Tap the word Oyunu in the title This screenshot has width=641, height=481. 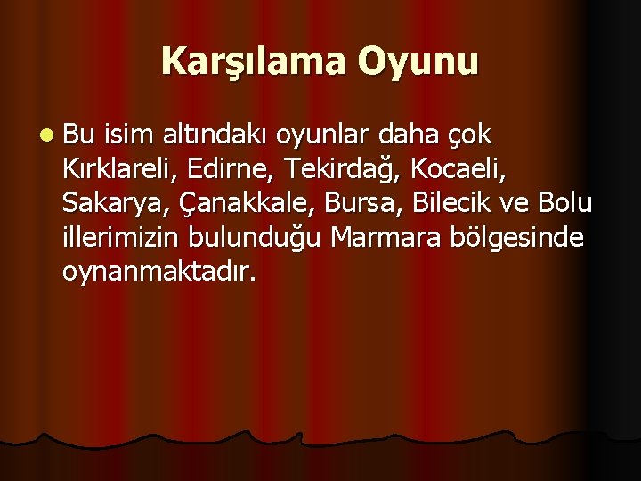418,61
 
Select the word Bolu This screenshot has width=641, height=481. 566,204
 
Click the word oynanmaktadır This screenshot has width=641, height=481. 159,273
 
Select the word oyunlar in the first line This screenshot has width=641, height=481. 322,136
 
